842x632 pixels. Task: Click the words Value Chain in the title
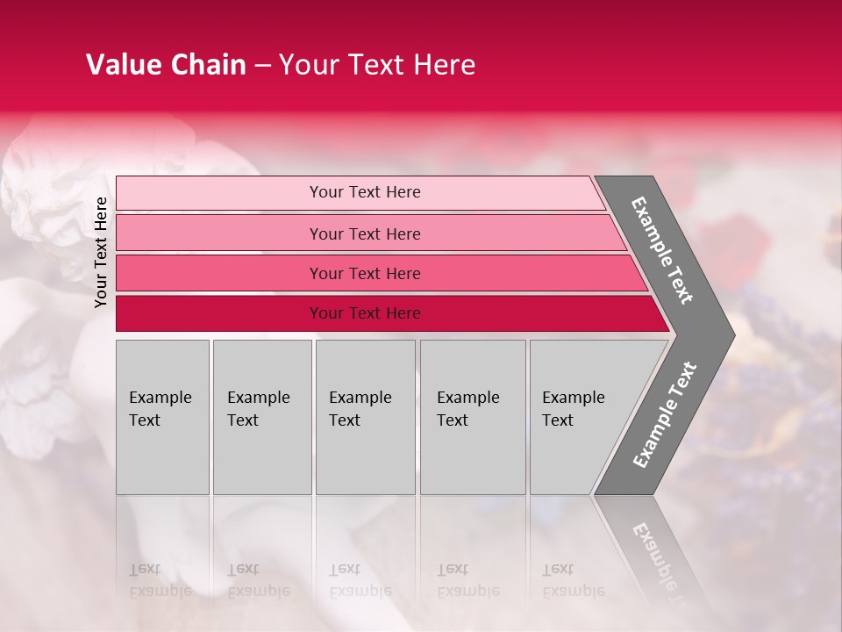point(166,65)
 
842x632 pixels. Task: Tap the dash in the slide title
point(262,66)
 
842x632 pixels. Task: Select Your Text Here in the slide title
point(377,65)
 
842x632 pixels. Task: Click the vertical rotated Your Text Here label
point(101,252)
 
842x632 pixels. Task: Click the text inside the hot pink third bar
point(365,274)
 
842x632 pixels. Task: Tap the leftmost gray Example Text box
point(162,417)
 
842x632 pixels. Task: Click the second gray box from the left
point(261,417)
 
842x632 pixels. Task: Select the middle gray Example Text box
point(365,417)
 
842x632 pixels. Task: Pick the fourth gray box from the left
point(473,417)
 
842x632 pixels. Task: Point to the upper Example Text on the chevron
point(662,250)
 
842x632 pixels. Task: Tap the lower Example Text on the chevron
point(665,414)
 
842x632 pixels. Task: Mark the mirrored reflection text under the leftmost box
point(160,580)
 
